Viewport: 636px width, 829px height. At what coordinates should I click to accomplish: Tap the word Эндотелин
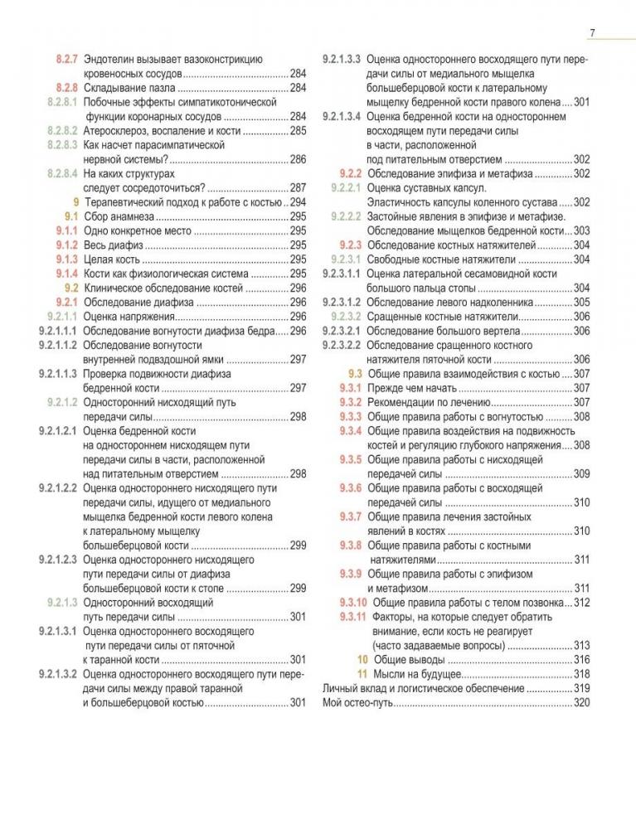click(x=111, y=59)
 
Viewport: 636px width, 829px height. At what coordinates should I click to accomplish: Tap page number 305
click(x=581, y=302)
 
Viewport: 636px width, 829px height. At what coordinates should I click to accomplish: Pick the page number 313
click(x=581, y=645)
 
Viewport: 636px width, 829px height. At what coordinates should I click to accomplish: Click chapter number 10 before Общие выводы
click(x=361, y=659)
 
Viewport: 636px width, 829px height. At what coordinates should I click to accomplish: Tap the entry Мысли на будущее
click(x=415, y=673)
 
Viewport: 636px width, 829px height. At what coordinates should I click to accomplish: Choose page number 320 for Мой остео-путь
click(x=581, y=703)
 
